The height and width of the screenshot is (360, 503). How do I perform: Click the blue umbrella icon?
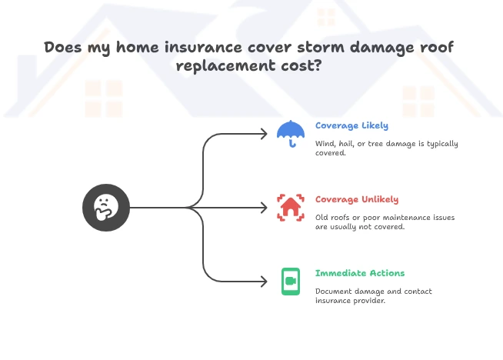click(x=291, y=132)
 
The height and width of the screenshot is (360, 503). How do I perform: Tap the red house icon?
click(x=291, y=207)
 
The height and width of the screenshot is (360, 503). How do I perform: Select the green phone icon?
click(x=291, y=281)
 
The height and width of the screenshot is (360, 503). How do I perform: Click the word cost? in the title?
click(x=302, y=65)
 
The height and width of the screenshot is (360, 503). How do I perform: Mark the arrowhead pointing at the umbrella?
click(x=264, y=133)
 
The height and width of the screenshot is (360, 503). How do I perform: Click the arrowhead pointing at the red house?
click(x=264, y=207)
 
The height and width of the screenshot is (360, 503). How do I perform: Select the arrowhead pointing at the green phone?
click(x=264, y=281)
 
